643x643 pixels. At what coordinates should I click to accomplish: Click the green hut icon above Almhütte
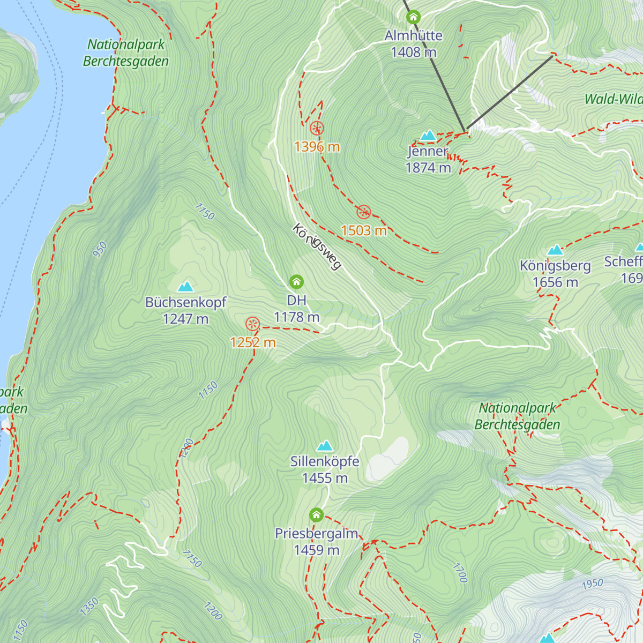point(413,17)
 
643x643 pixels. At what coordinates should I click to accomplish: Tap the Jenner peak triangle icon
point(428,135)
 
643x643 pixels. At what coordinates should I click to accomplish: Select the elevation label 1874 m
point(428,168)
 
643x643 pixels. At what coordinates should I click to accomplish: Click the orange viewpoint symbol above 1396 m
point(317,128)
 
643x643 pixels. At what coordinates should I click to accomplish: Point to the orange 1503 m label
point(364,230)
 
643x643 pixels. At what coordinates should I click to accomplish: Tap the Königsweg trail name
point(317,247)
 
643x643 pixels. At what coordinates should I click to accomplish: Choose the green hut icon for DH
point(296,281)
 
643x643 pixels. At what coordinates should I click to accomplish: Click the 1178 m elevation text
point(296,317)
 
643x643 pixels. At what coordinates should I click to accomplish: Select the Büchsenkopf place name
point(186,302)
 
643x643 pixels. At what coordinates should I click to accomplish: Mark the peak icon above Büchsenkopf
point(186,286)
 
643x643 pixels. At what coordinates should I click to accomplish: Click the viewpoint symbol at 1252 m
point(252,324)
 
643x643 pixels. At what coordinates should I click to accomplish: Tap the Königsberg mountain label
point(555,266)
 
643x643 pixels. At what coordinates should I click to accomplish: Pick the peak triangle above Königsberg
point(555,250)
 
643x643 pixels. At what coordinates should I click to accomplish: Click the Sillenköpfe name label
point(325,461)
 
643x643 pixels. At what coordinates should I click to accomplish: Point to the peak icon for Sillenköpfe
point(325,446)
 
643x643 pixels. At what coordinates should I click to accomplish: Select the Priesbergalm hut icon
point(316,515)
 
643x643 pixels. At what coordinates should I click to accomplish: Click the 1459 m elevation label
point(316,550)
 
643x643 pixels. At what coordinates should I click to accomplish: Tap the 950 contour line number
point(100,250)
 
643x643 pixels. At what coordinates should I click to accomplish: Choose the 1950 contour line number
point(592,584)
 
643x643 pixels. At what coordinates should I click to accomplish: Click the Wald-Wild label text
point(613,99)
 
